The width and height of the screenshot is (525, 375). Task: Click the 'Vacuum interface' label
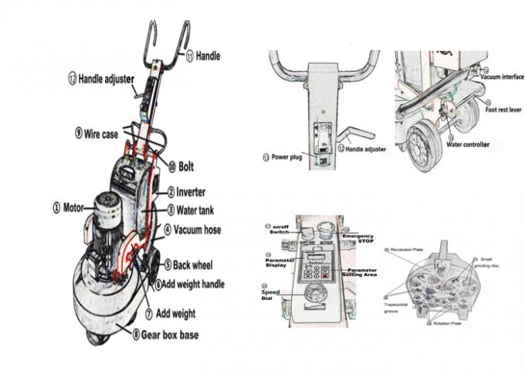point(501,77)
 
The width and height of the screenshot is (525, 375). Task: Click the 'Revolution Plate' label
point(410,251)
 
